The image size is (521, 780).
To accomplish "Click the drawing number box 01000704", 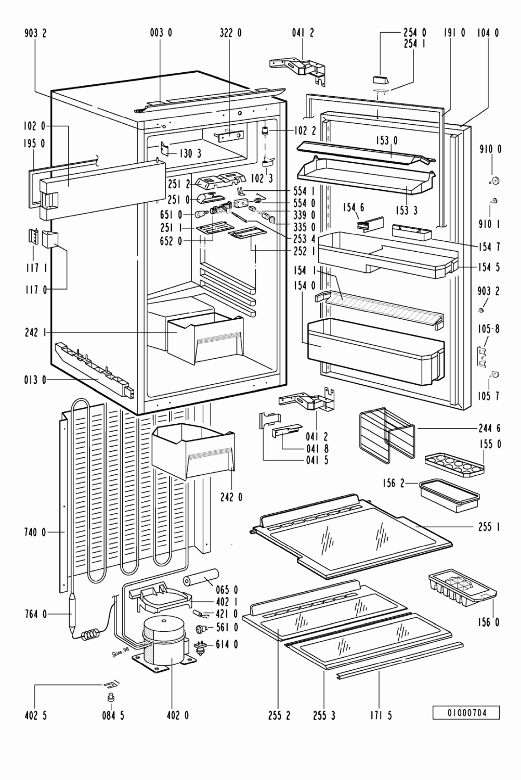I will pyautogui.click(x=466, y=712).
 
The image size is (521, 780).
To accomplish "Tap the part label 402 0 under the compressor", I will pyautogui.click(x=177, y=716).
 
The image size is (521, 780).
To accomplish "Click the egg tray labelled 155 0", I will pyautogui.click(x=453, y=464).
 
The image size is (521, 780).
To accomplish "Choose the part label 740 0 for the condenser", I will pyautogui.click(x=35, y=532).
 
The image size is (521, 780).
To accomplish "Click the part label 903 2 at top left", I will pyautogui.click(x=35, y=33).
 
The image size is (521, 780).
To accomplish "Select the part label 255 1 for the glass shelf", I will pyautogui.click(x=489, y=527).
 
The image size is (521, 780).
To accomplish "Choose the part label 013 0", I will pyautogui.click(x=35, y=380).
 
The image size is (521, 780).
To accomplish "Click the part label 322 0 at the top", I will pyautogui.click(x=230, y=33).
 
